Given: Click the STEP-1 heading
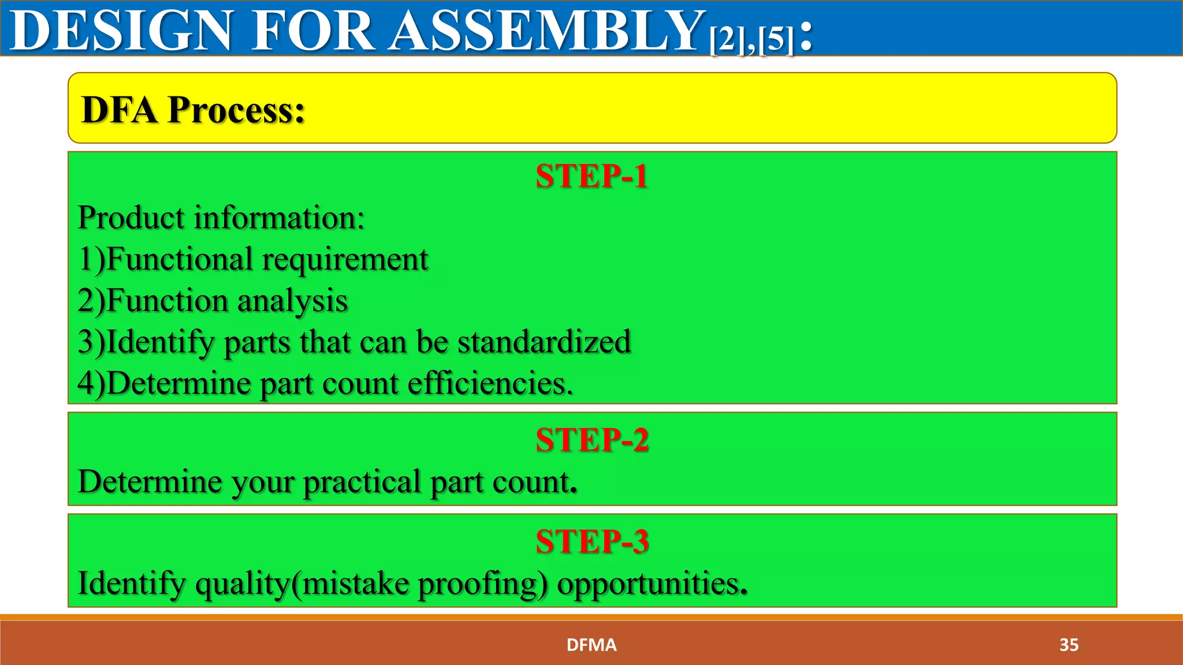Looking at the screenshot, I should click(x=591, y=176).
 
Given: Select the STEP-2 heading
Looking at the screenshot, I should click(x=591, y=440).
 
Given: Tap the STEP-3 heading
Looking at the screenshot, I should click(x=591, y=541).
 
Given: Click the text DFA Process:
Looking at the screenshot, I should click(x=193, y=110).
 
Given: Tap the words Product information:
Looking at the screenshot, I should click(x=221, y=218).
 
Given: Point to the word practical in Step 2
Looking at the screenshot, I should click(x=362, y=482).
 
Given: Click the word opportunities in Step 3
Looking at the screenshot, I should click(x=652, y=583).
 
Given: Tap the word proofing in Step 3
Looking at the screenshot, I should click(x=482, y=584).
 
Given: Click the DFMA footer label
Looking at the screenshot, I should click(x=591, y=645).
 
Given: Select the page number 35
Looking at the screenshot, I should click(x=1069, y=645).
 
